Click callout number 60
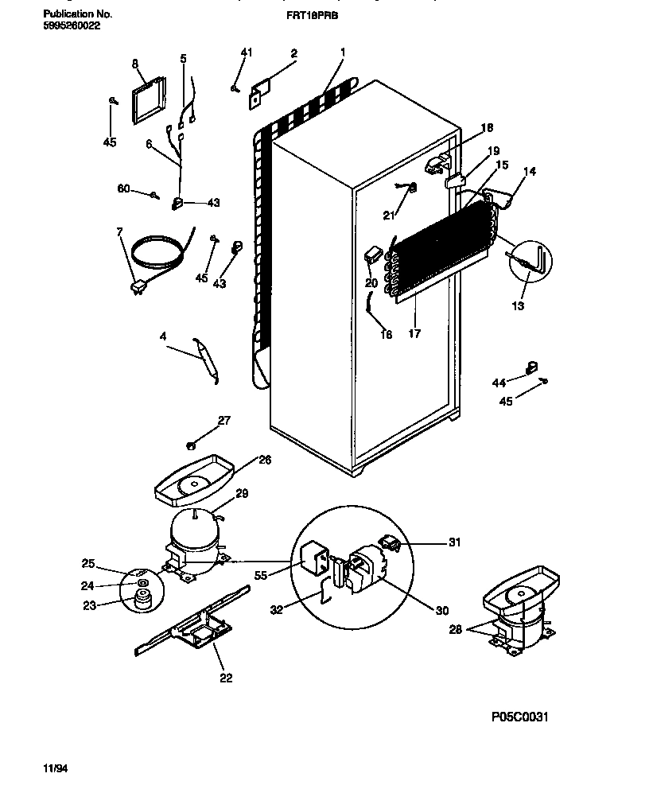[x=123, y=189]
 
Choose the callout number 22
[x=226, y=678]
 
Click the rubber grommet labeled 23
[x=143, y=604]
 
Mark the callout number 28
[x=454, y=630]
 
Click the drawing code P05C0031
[x=520, y=717]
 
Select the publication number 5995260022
[x=72, y=25]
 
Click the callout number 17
[x=414, y=334]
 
